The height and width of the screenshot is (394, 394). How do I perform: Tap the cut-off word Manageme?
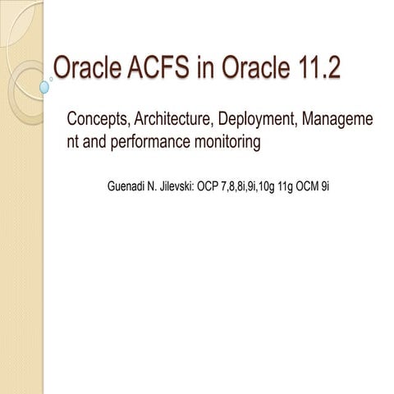coord(339,121)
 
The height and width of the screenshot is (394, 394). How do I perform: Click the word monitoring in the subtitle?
coord(229,142)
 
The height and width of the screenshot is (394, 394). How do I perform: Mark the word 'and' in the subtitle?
coord(98,142)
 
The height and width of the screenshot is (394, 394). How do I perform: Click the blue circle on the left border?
coord(45,85)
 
